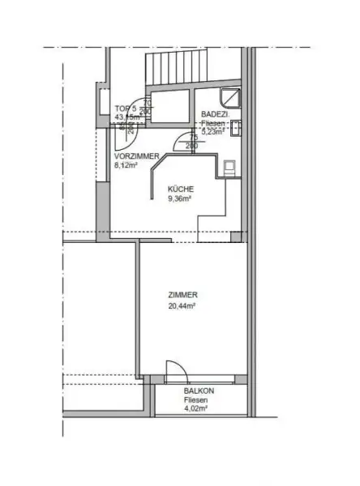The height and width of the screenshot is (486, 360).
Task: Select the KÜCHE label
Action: (181, 189)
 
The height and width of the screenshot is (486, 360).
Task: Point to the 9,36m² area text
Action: (180, 198)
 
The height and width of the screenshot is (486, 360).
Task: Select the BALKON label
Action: (196, 391)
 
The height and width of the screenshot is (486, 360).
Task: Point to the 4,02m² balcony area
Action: (196, 410)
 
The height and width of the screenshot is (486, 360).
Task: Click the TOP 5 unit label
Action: (126, 108)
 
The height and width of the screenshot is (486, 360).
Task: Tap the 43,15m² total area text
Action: (127, 117)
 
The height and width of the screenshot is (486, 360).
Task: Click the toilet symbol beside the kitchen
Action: (230, 167)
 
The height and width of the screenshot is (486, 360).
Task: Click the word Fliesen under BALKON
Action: (196, 401)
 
